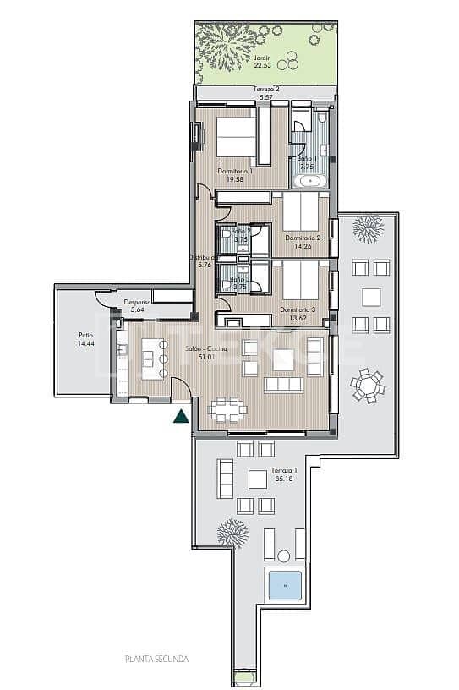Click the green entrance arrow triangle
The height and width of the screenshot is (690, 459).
[x=180, y=415]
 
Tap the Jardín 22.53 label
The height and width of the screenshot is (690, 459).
[x=264, y=62]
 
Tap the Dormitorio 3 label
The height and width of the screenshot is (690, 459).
[x=298, y=313]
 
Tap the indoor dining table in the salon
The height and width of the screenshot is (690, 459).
[x=228, y=409]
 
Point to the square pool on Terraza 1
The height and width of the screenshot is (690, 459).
[x=286, y=584]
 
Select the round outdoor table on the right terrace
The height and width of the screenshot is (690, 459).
[x=367, y=386]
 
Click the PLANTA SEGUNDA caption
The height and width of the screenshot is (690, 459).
[x=156, y=658]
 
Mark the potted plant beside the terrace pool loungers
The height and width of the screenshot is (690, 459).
[x=231, y=533]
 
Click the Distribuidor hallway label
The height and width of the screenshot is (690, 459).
[x=204, y=260]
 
